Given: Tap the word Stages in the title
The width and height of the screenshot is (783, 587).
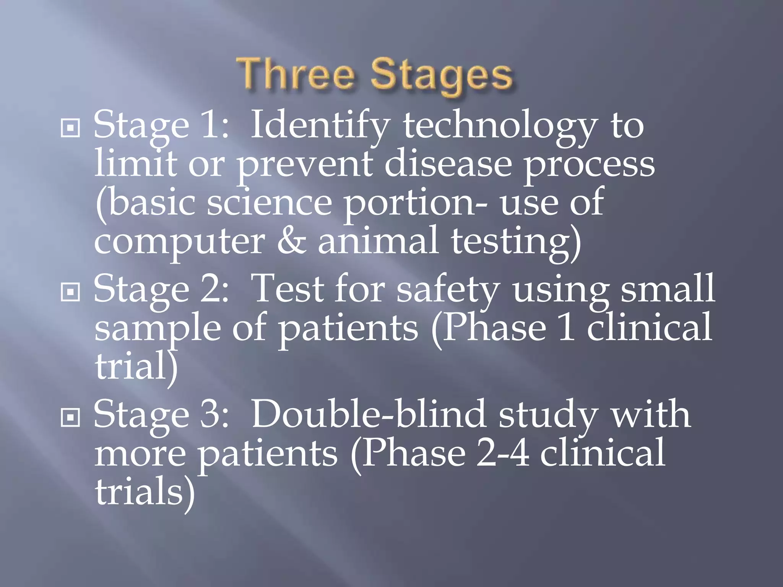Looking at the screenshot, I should click(x=441, y=76).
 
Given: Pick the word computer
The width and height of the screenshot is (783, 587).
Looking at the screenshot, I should click(x=179, y=243).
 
